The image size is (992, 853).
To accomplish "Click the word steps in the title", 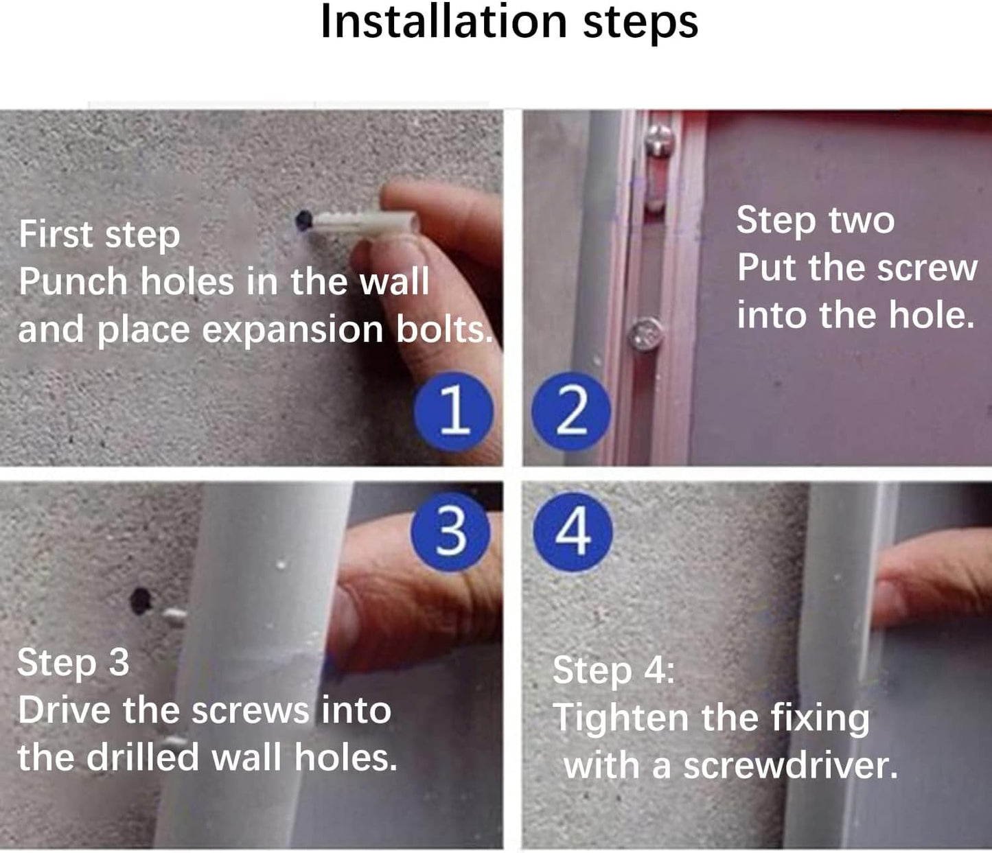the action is (x=641, y=25).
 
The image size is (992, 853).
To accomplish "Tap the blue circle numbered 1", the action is (x=454, y=411).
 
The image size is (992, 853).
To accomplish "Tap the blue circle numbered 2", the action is (x=571, y=411).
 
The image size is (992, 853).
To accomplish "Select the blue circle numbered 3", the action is (x=450, y=532).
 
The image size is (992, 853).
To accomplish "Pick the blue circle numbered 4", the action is (x=573, y=532).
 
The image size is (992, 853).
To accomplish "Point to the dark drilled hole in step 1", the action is (x=304, y=221).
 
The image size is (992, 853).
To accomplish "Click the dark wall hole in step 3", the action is (x=141, y=600).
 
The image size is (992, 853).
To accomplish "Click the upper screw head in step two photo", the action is (x=660, y=139).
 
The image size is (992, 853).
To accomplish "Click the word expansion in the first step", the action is (x=292, y=331).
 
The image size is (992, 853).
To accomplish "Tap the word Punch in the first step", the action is (x=73, y=281).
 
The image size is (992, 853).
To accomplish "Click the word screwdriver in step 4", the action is (x=790, y=766).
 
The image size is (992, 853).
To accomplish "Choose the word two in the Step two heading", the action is (x=862, y=221).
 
